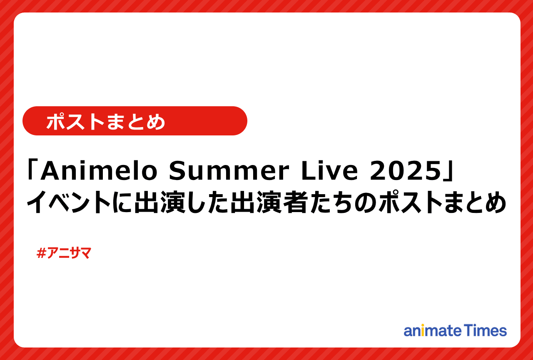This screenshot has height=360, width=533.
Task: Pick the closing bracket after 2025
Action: tap(446, 172)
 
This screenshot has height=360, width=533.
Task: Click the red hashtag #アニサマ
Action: tap(64, 253)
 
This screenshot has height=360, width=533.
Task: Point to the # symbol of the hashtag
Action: tap(41, 253)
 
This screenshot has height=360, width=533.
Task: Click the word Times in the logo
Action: tap(486, 330)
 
